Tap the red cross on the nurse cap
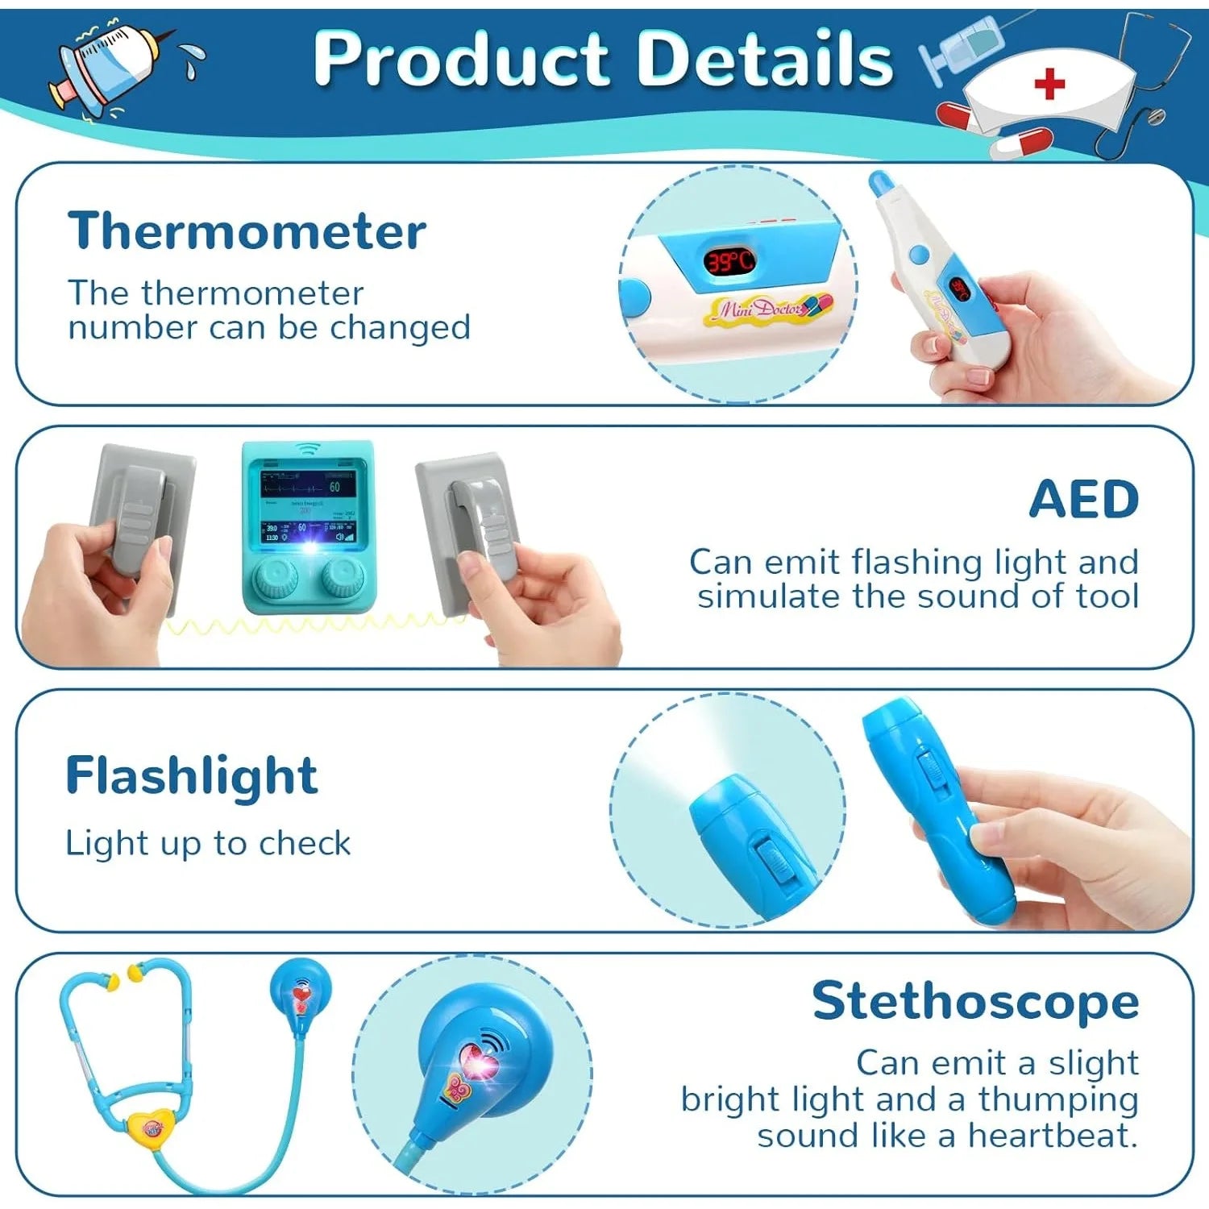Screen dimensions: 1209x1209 [1049, 83]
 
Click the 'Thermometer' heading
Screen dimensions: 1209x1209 [247, 231]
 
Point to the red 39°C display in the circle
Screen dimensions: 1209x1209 [729, 260]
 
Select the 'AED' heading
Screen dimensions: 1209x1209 [1084, 500]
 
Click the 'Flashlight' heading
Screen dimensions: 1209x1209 [192, 776]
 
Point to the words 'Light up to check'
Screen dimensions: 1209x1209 [208, 843]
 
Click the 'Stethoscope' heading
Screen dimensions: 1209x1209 [975, 1002]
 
